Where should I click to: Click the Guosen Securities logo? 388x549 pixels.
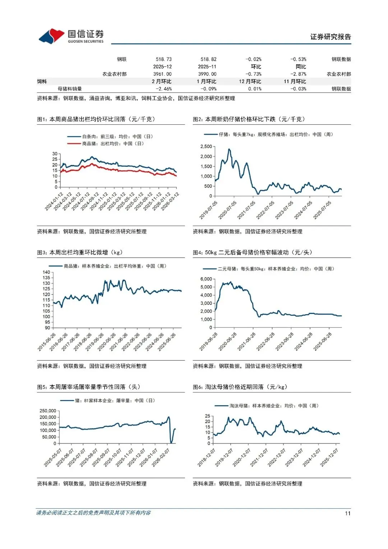[x=71, y=36]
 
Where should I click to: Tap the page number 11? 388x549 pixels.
[x=347, y=513]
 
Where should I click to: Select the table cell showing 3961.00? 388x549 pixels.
[x=162, y=74]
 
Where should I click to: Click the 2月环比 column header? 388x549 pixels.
[x=162, y=82]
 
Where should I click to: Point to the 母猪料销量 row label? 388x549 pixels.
[x=70, y=89]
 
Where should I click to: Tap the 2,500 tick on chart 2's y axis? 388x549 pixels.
[x=206, y=147]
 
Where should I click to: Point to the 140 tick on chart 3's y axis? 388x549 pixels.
[x=46, y=272]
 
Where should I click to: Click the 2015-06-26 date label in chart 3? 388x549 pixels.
[x=47, y=342]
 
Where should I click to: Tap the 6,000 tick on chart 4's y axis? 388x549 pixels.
[x=206, y=279]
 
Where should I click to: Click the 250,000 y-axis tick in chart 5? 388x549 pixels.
[x=48, y=411]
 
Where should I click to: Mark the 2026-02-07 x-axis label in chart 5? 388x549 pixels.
[x=161, y=458]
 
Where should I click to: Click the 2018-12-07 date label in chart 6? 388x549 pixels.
[x=207, y=458]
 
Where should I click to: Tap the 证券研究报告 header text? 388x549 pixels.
[x=331, y=37]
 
